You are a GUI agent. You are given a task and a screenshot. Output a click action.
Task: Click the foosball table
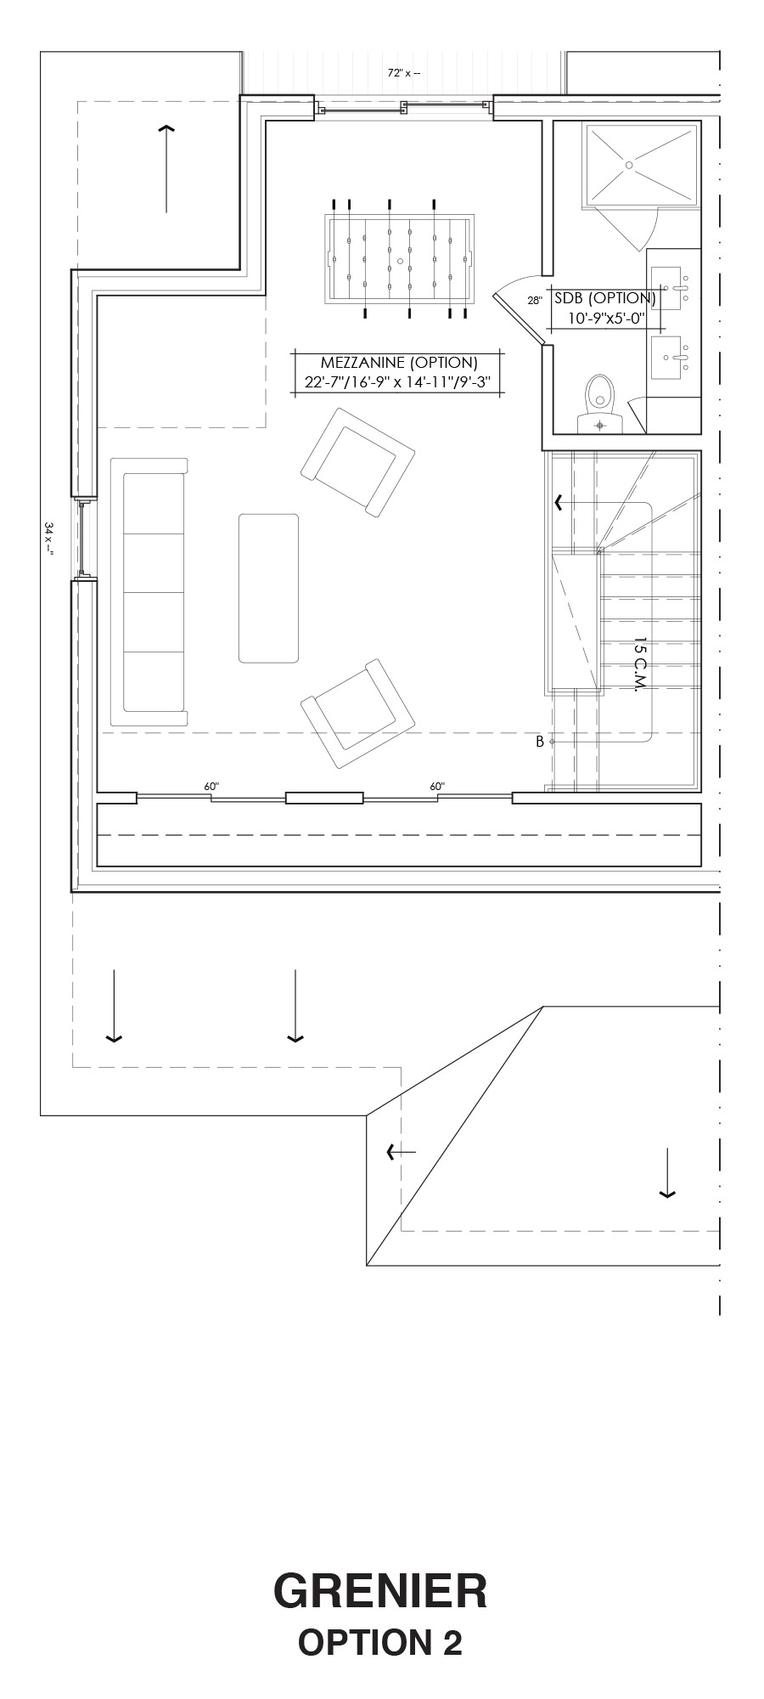[399, 258]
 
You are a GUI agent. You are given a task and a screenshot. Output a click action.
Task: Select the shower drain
[629, 164]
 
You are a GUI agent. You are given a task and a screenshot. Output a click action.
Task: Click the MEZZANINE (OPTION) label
[399, 363]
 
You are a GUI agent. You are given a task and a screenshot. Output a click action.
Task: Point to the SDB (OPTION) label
[604, 298]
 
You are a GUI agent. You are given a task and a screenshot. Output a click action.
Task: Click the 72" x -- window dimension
[404, 73]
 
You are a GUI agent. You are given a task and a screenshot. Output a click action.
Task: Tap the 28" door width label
[534, 300]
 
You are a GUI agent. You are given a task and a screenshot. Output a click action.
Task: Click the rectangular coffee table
[268, 588]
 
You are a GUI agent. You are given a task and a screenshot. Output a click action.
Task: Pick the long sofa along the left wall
[149, 593]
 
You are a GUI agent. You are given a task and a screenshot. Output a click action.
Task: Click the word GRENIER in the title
[380, 1590]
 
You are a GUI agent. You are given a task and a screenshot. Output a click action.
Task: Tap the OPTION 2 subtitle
[380, 1643]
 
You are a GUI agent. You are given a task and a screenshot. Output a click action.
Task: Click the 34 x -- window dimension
[49, 539]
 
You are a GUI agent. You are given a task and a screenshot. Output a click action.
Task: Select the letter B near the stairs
[539, 742]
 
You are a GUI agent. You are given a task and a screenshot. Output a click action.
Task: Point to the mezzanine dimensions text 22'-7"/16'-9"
[350, 382]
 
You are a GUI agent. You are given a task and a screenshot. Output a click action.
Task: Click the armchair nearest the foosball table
[357, 461]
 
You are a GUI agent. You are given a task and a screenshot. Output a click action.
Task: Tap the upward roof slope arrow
[166, 168]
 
